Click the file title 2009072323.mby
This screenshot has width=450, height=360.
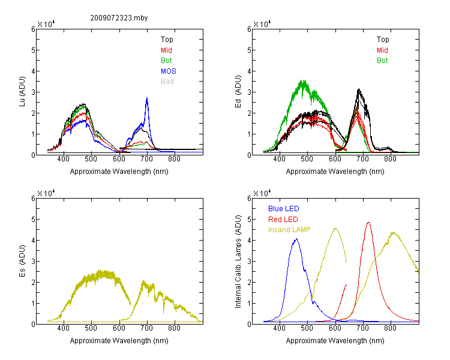119,18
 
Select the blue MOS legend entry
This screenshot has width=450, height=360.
169,71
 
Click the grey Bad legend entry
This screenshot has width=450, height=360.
167,82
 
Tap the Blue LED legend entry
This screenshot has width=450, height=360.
284,209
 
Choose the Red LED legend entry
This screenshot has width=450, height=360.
283,220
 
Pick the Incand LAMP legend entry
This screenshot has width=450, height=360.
289,230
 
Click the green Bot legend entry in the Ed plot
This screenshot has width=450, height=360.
382,61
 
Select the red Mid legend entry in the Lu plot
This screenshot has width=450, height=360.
166,50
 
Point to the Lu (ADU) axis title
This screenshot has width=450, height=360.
22,92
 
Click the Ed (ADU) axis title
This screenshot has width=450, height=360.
238,92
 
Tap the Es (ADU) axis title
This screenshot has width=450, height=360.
22,261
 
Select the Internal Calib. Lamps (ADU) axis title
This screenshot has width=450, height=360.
238,262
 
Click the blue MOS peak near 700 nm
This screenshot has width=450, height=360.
147,98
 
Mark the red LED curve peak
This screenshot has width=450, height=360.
368,222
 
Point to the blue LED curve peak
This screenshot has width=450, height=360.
296,239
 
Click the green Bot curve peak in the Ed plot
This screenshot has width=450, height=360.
303,80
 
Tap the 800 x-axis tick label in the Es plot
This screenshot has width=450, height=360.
175,328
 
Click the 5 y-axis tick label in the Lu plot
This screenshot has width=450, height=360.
34,50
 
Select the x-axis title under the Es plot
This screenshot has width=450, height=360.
119,341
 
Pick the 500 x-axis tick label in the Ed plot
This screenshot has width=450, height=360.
307,159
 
